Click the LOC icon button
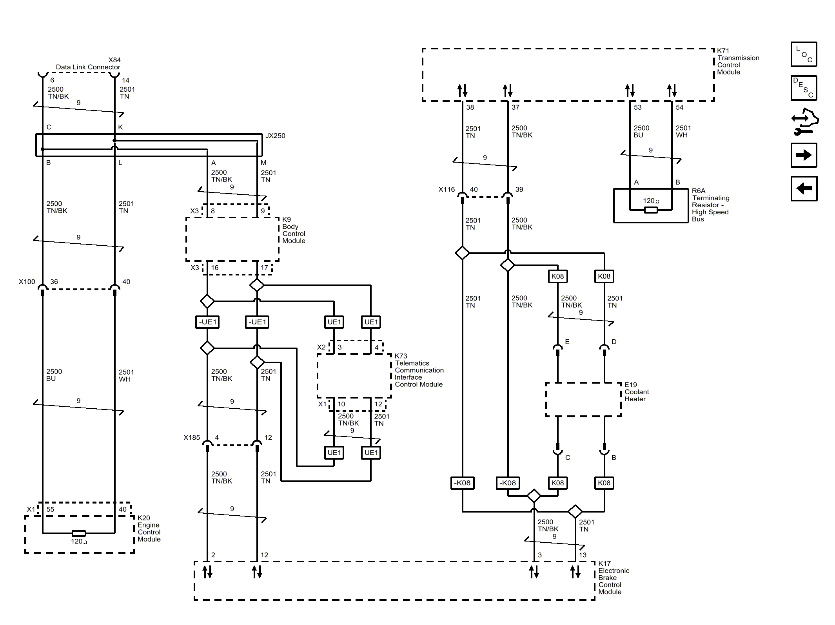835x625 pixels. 804,54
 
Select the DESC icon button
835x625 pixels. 804,88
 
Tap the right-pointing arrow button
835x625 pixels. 804,155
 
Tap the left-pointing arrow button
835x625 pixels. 804,188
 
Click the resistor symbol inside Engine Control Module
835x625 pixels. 79,533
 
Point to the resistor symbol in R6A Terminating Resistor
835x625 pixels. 651,210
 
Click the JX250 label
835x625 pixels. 275,136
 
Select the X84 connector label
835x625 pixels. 114,60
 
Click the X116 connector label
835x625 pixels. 447,190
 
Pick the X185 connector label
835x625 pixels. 192,438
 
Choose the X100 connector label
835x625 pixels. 27,282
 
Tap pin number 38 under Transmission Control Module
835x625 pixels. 470,107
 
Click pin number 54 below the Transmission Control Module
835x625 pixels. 679,107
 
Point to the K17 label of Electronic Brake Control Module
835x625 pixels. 604,563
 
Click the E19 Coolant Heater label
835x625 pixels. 637,392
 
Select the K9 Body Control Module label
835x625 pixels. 294,230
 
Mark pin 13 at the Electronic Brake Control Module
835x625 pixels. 583,555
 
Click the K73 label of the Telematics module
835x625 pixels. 401,356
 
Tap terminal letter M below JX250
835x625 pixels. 263,163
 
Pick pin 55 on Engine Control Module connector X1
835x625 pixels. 50,509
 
